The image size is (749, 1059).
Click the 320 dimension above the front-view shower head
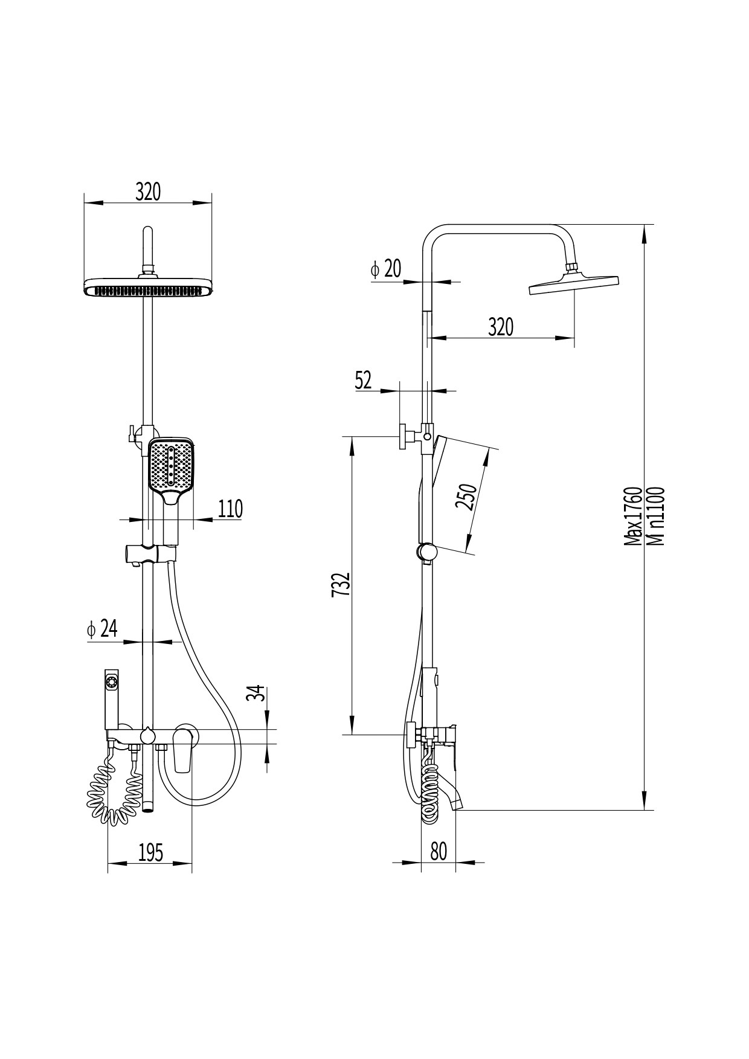tap(148, 192)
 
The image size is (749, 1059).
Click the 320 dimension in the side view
tap(501, 327)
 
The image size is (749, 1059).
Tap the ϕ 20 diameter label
tap(386, 269)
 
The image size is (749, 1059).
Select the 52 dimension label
tap(363, 381)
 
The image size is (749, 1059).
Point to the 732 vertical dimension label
tap(341, 584)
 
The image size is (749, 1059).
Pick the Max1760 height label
tap(632, 516)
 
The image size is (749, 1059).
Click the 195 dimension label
tap(150, 852)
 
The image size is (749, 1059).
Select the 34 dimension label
tap(257, 693)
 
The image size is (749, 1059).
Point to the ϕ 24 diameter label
tap(101, 629)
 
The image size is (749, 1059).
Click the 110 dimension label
tap(230, 509)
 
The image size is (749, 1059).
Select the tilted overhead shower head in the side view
tap(574, 284)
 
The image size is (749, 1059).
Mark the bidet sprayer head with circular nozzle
tap(112, 683)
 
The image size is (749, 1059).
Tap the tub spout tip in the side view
tap(457, 803)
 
